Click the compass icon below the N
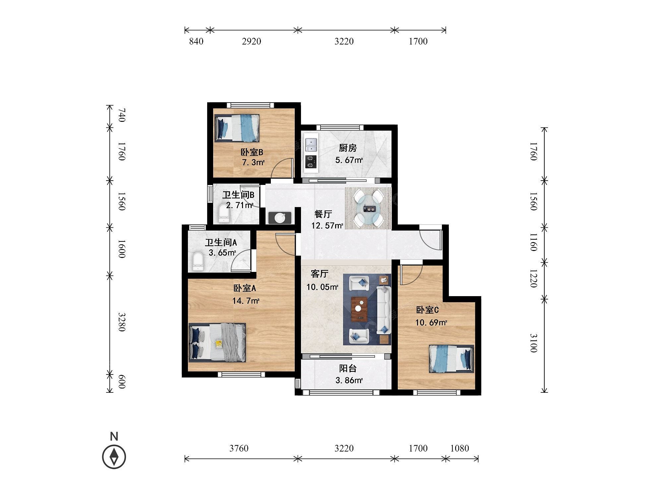[x=114, y=457]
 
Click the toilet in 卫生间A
[x=198, y=262]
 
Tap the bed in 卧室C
[x=452, y=359]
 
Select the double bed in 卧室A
[x=217, y=342]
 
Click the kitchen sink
[x=311, y=144]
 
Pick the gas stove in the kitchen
[x=311, y=162]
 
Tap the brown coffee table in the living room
[x=359, y=309]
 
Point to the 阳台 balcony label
[x=348, y=368]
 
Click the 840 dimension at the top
[x=196, y=41]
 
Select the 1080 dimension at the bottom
[x=459, y=448]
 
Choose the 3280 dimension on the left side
[x=122, y=322]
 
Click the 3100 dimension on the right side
[x=533, y=343]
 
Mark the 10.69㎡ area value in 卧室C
[x=431, y=322]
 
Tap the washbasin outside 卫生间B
[x=280, y=217]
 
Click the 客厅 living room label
[x=320, y=274]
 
